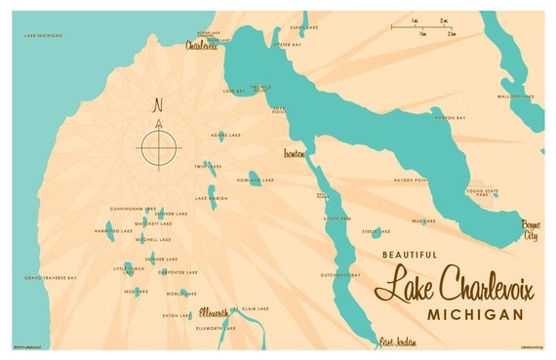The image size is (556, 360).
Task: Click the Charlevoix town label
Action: coord(203,45)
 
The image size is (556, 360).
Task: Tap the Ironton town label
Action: coord(294,154)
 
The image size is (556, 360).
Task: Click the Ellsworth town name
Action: coord(215,311)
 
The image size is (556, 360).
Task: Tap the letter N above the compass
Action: coord(159,105)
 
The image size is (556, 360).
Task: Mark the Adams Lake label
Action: coord(224,135)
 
